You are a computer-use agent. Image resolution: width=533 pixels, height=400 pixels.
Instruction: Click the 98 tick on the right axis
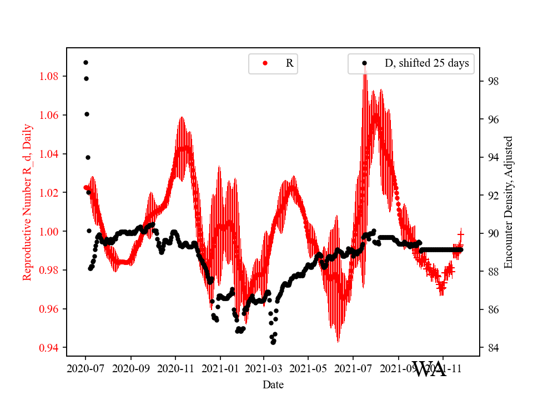[492, 81]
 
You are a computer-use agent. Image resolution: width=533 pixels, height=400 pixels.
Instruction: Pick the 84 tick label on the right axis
[492, 348]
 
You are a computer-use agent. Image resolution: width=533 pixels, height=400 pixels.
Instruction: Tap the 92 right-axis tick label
[492, 196]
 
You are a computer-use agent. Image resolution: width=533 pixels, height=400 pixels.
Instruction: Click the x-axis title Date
[273, 384]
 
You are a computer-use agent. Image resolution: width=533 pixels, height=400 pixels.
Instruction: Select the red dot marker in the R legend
[265, 63]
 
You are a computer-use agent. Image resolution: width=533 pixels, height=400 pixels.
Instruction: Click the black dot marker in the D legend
[364, 63]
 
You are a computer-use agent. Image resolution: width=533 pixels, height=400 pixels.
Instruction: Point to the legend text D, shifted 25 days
[426, 63]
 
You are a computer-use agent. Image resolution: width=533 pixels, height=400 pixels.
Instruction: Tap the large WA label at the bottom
[429, 369]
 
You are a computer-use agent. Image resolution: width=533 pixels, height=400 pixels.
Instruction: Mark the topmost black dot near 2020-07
[86, 62]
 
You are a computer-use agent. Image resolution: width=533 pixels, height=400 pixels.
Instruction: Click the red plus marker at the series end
[460, 234]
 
